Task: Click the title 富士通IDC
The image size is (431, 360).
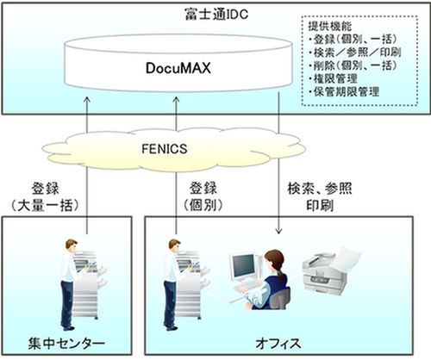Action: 216,14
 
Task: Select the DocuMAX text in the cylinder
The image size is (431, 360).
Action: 178,68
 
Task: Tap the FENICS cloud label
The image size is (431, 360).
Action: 165,149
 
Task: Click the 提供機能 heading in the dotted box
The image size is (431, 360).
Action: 330,26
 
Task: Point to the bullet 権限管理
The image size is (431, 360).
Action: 334,78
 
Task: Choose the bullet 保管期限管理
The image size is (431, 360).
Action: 344,91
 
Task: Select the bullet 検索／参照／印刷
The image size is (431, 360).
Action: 355,53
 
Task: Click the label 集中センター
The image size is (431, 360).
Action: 66,344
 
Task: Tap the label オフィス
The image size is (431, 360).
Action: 278,344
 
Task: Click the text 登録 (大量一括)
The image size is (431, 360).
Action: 45,197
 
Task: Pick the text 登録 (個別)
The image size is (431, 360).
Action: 203,197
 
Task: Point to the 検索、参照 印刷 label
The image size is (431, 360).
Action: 320,197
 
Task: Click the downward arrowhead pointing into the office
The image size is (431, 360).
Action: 278,231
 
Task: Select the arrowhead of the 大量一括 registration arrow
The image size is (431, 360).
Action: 87,100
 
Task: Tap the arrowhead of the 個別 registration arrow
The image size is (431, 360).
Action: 177,100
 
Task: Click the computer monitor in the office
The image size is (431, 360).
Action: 243,266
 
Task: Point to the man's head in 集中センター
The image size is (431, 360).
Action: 72,246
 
